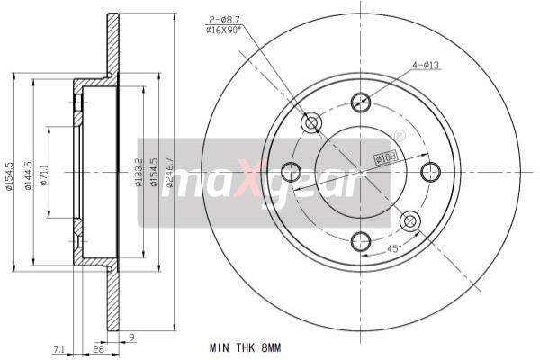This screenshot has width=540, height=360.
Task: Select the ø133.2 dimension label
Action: [x=138, y=171]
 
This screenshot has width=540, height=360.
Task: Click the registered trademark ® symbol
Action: [x=400, y=136]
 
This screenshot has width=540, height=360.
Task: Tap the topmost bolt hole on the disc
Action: [x=361, y=101]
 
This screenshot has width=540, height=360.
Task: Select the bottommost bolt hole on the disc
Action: [x=361, y=240]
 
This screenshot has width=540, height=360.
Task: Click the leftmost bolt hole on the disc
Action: [x=292, y=171]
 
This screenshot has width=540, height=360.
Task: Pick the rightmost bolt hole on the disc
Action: [x=430, y=171]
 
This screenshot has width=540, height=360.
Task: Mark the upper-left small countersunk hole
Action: [x=312, y=122]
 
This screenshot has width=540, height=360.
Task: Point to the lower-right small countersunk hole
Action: [x=409, y=220]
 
